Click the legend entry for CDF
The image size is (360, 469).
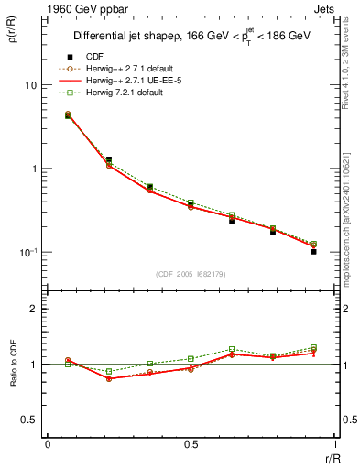tap(92, 55)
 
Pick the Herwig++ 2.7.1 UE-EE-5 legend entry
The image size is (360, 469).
tap(122, 81)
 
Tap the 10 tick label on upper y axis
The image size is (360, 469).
tap(30, 85)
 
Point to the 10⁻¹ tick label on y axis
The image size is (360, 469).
tap(27, 252)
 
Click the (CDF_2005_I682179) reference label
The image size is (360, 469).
tap(191, 274)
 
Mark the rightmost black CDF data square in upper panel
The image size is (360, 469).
tap(313, 251)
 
